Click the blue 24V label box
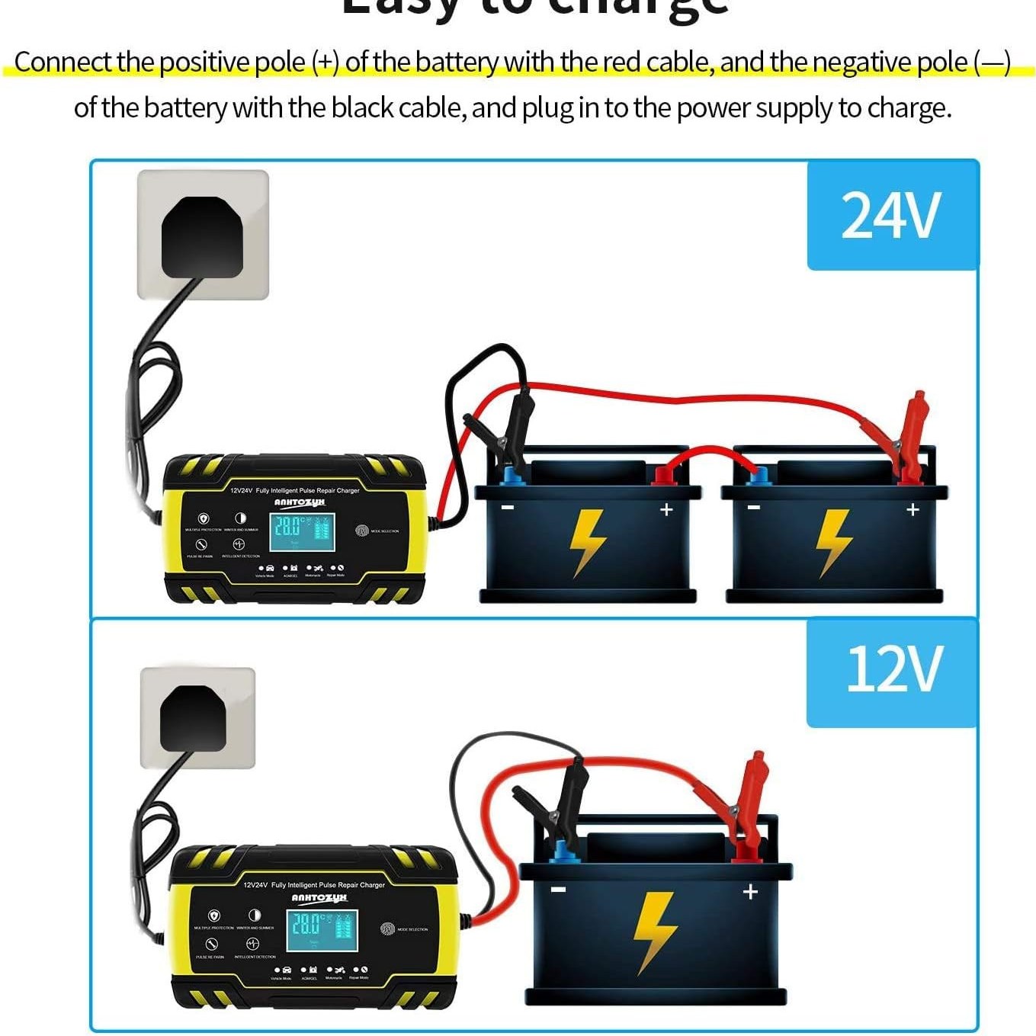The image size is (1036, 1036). click(892, 215)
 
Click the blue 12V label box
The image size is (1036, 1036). click(892, 671)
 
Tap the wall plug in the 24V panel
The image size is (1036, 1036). click(202, 236)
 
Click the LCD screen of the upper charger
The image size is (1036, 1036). click(302, 531)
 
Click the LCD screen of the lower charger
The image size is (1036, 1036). click(322, 930)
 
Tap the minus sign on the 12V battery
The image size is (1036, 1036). click(559, 890)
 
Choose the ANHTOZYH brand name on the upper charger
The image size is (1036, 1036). click(299, 502)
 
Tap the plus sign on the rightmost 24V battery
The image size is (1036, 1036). click(913, 509)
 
